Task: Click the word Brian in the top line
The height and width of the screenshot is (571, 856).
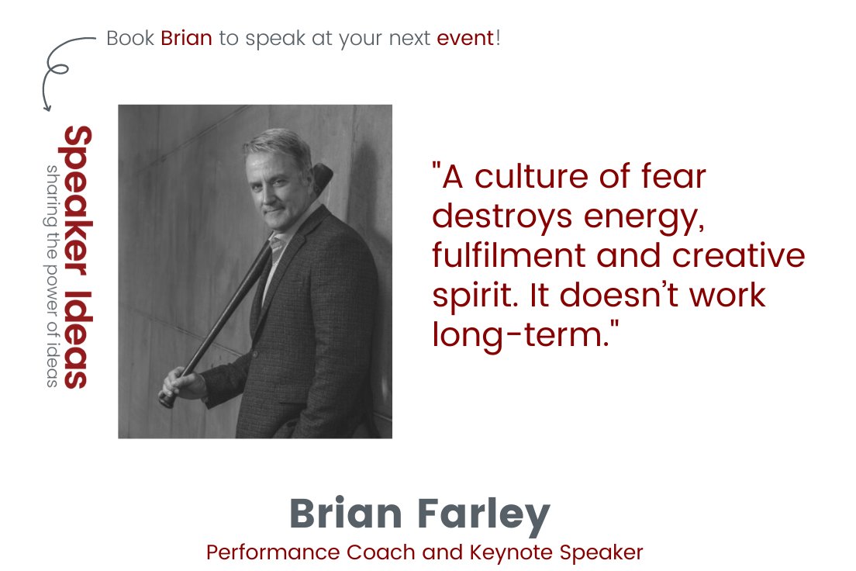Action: tap(186, 38)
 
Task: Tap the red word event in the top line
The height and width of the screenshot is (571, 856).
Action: tap(465, 38)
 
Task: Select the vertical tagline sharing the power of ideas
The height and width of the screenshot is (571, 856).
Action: tap(52, 275)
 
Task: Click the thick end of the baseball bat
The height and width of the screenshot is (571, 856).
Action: tap(323, 175)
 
